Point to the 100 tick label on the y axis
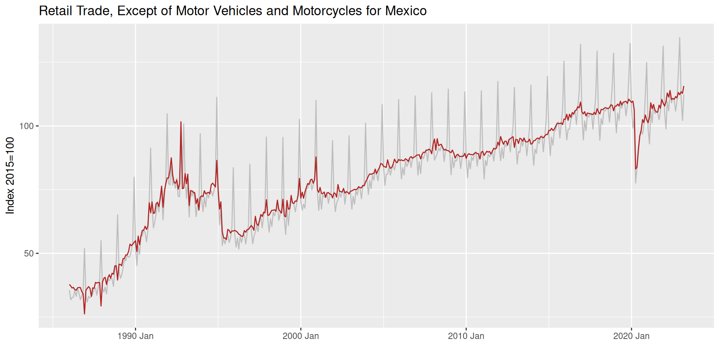27,126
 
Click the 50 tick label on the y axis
29,253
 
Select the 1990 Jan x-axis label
135,336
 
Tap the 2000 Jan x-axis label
301,336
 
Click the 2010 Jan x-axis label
466,336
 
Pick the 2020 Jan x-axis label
631,336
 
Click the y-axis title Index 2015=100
10,175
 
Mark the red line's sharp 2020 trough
636,169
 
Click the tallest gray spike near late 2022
679,37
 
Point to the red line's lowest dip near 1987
84,314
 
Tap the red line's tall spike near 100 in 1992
181,122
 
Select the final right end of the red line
684,86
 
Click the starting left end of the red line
69,285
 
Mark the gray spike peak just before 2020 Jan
630,43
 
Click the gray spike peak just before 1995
217,97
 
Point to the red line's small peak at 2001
316,157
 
